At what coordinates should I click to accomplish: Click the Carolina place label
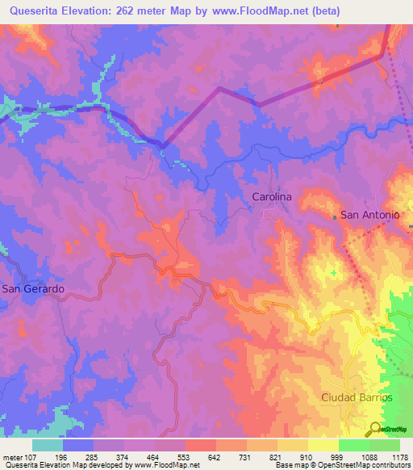[x=271, y=196]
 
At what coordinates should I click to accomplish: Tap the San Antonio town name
[x=370, y=215]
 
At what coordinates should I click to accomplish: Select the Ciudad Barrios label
[x=357, y=397]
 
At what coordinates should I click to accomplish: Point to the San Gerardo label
[x=32, y=288]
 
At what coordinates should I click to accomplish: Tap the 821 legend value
[x=277, y=457]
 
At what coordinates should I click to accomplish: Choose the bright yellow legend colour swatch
[x=323, y=445]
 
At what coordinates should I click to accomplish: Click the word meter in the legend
[x=11, y=457]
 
